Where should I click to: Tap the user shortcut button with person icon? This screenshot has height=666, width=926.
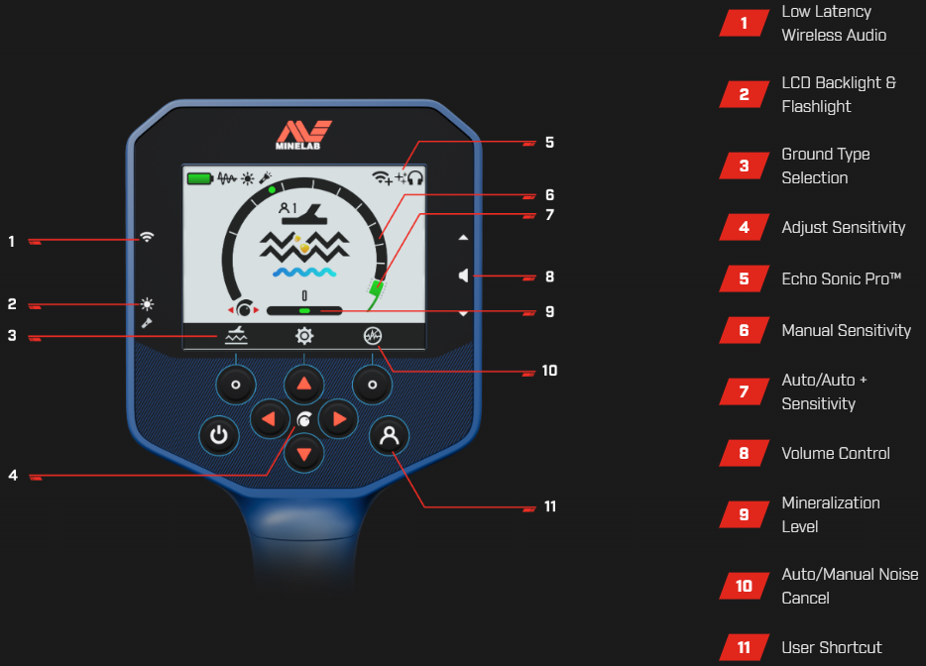click(x=390, y=436)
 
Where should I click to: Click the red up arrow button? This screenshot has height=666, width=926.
click(x=304, y=385)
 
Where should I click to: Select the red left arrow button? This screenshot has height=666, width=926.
click(x=270, y=419)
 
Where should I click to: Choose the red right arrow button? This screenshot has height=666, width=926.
click(x=338, y=419)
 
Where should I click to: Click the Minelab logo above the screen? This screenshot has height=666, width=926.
click(x=303, y=135)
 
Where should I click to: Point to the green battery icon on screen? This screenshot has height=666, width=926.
click(x=200, y=178)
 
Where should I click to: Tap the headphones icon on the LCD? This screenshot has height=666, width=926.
click(x=415, y=177)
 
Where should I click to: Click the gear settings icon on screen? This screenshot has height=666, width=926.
click(x=304, y=336)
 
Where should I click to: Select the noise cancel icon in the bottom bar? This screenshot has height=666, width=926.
click(x=373, y=336)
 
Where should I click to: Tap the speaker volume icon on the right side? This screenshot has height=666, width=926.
click(x=464, y=276)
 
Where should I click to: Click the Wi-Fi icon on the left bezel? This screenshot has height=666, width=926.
click(x=147, y=237)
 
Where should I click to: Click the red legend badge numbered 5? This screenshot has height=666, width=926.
click(x=745, y=278)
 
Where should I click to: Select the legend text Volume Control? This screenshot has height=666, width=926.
click(x=836, y=454)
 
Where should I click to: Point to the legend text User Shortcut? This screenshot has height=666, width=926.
click(x=832, y=648)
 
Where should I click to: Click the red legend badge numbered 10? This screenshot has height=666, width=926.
click(x=745, y=586)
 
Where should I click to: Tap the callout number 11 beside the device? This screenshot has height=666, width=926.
click(x=550, y=506)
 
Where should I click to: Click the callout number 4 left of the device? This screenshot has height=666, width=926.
click(x=13, y=476)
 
